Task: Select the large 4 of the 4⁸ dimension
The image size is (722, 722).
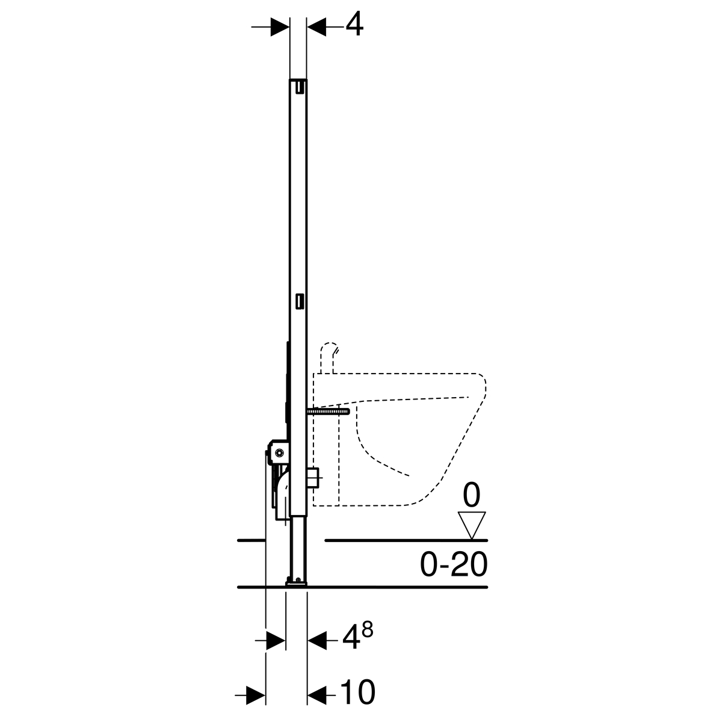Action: tap(351, 641)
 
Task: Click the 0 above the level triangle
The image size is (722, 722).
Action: tap(471, 495)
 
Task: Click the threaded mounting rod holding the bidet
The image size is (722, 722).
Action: tap(329, 412)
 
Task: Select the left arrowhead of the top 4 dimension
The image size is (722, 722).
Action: tap(280, 27)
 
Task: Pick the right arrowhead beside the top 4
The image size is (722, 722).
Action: tap(316, 27)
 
